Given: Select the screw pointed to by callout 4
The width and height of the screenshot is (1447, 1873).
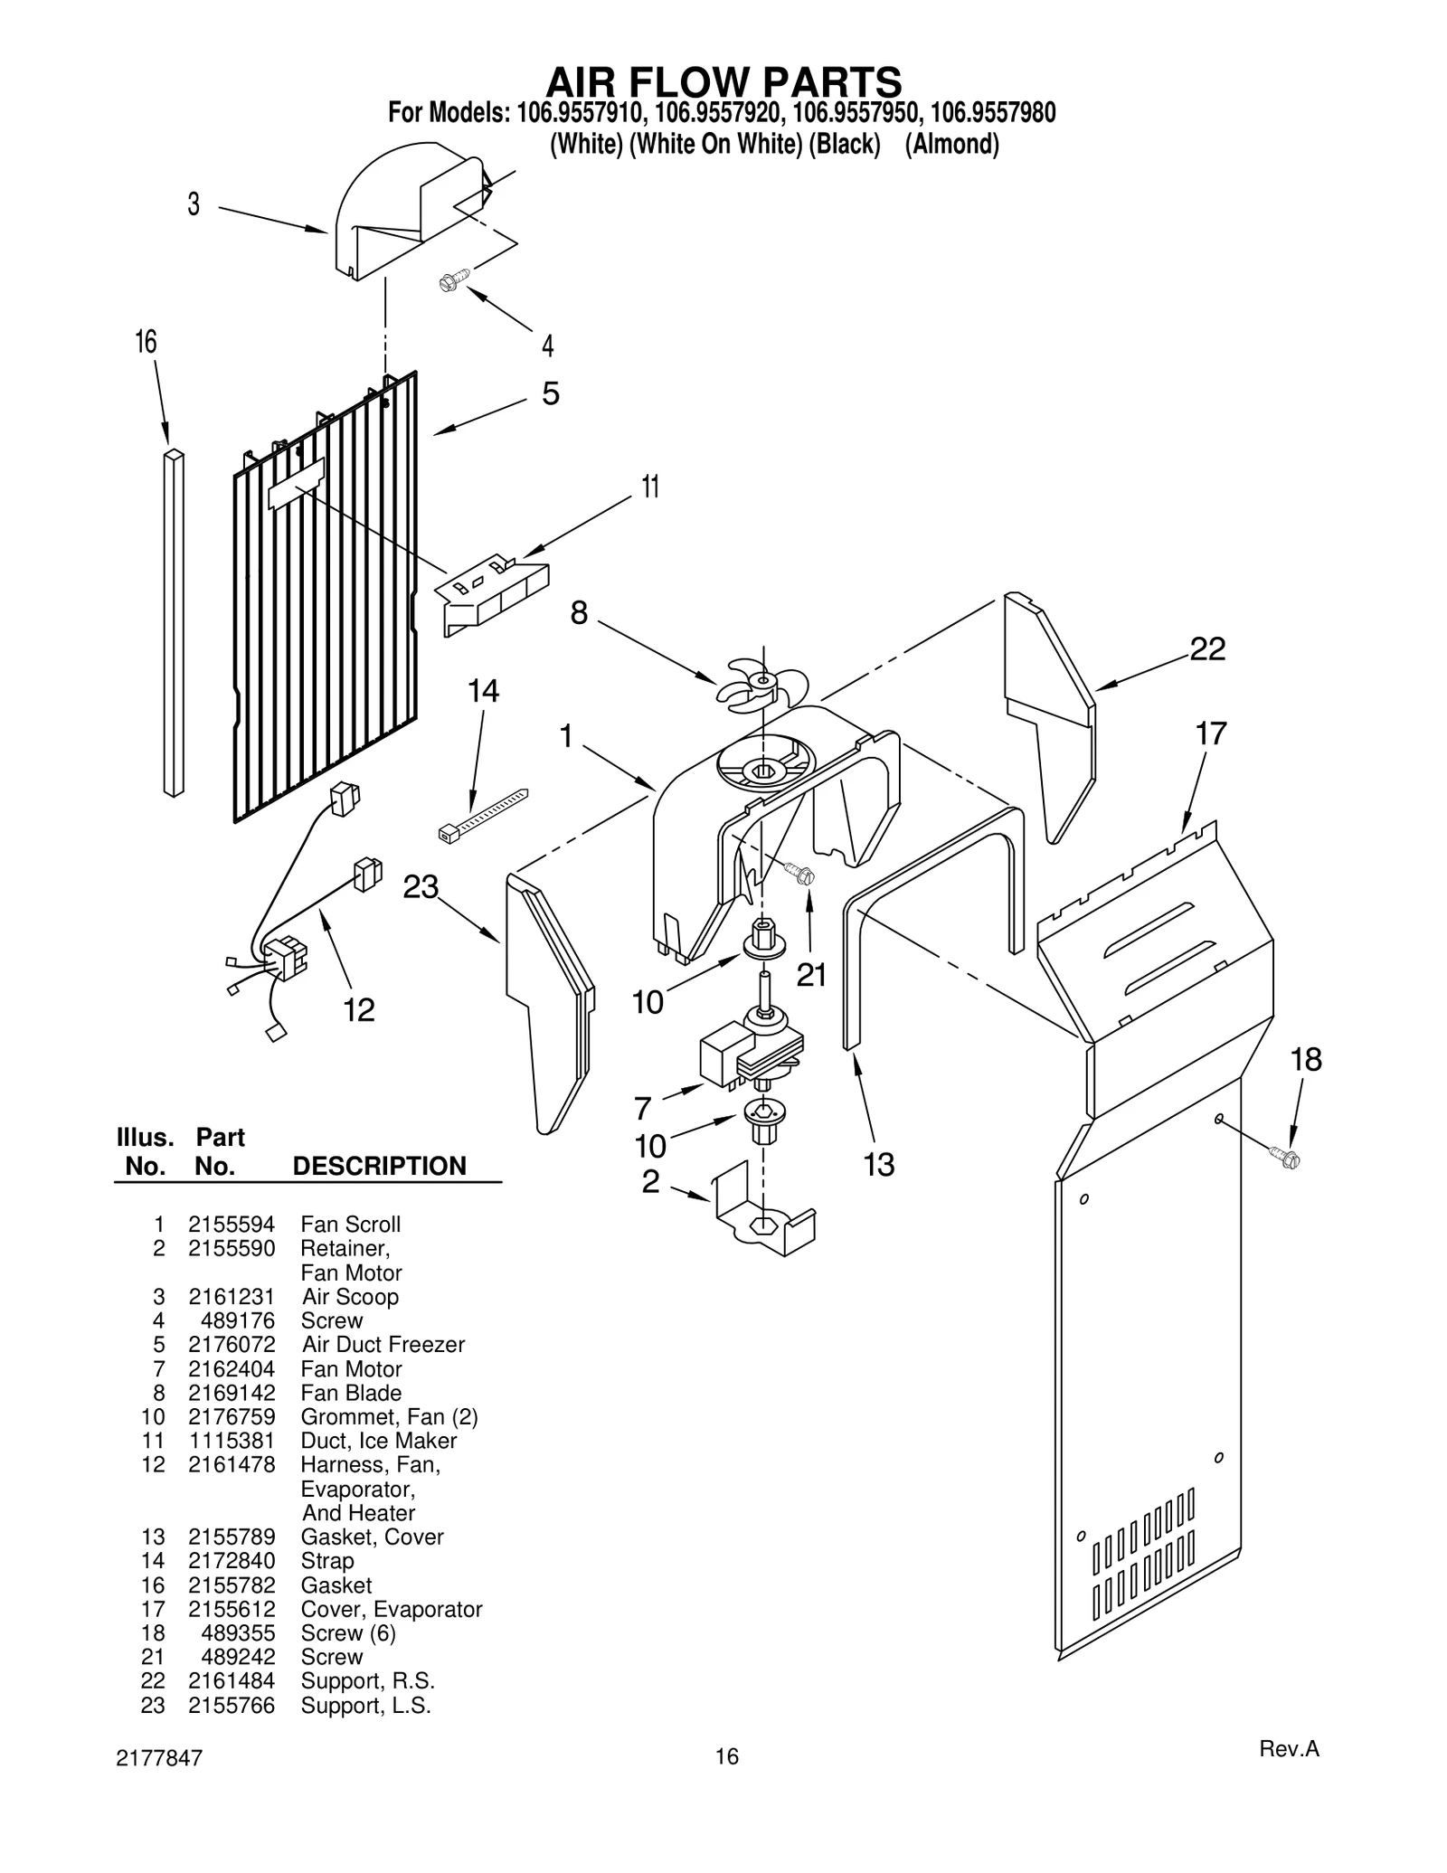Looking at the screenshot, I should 453,279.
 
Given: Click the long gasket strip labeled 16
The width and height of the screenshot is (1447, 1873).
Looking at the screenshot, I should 174,624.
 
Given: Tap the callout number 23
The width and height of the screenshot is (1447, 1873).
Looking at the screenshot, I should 421,887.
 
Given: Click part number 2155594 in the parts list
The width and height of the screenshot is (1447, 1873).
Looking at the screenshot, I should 232,1225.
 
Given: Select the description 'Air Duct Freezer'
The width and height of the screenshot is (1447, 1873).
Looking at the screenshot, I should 383,1345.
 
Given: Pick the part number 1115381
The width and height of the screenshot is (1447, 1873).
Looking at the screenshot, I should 232,1441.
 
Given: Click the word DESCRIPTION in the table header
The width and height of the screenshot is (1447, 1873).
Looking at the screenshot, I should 380,1166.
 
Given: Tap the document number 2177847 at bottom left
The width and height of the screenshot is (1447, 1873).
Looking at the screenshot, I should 160,1758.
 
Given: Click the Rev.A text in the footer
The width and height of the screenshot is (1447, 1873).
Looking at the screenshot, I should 1289,1749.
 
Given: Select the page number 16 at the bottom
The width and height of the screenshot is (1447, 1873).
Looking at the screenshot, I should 727,1756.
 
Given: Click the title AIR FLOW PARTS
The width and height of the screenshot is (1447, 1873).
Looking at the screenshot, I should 723,82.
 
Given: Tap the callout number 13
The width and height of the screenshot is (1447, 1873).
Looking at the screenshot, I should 878,1165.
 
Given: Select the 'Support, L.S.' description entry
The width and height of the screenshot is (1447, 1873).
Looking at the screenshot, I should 365,1706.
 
